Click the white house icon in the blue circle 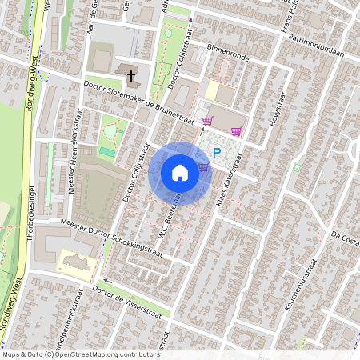tap(180, 172)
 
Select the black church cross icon tap(131, 76)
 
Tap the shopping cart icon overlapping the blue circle tap(203, 168)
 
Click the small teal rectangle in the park tap(106, 151)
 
